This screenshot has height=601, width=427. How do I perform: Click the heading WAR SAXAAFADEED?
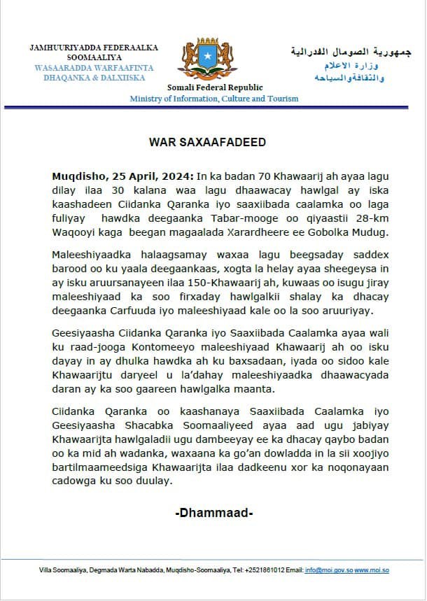(x=208, y=142)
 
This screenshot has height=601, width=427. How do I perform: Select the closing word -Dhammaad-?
(x=213, y=514)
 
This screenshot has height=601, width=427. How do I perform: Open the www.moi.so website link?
(x=372, y=570)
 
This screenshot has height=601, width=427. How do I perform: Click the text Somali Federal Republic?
(x=215, y=87)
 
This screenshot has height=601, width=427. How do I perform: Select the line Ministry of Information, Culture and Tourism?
(x=213, y=99)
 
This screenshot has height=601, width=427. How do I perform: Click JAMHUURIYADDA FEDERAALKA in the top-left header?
(x=93, y=48)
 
